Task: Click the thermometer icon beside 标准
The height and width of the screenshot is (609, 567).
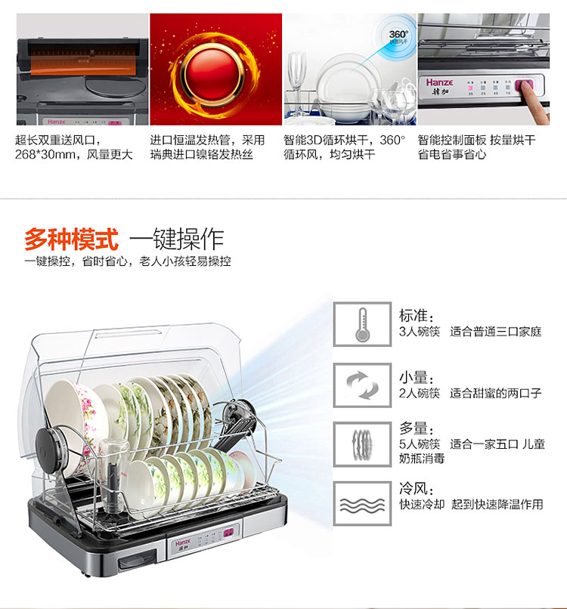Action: (362, 324)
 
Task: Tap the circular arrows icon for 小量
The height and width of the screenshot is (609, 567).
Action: (362, 385)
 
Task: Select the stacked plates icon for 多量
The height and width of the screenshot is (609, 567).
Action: (362, 444)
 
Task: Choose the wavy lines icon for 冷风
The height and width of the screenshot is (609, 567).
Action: (362, 504)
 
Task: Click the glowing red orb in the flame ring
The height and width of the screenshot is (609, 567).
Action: (212, 75)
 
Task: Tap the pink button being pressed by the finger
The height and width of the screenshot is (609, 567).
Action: (523, 85)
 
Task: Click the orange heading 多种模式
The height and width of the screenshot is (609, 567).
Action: (71, 240)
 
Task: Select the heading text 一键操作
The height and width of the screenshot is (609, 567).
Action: (176, 239)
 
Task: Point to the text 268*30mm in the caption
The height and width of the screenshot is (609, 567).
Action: (46, 155)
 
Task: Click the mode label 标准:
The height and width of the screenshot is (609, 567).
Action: (417, 315)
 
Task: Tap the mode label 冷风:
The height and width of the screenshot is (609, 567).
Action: (417, 489)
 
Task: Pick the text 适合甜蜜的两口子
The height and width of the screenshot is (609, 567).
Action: (495, 393)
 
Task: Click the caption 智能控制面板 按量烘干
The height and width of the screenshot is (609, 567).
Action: (476, 140)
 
